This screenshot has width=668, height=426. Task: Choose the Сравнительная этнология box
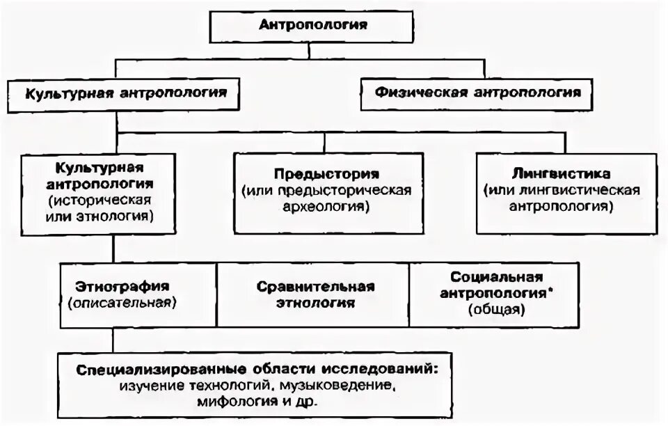tap(315, 295)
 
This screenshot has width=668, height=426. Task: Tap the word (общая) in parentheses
tap(495, 310)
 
